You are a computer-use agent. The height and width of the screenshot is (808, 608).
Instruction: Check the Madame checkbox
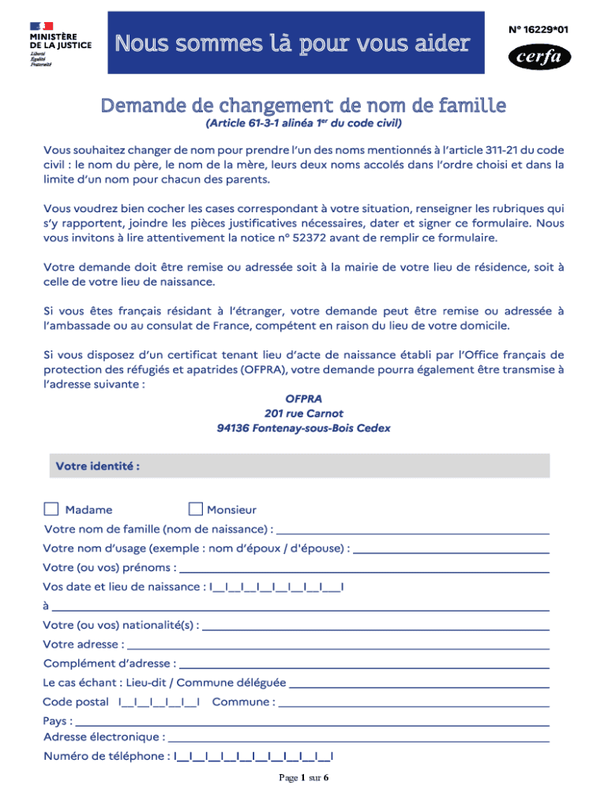click(x=51, y=509)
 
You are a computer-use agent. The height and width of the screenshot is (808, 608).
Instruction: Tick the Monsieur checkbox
click(x=196, y=509)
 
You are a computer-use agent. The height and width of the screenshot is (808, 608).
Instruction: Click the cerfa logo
click(x=539, y=57)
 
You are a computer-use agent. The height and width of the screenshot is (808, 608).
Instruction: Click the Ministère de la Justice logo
click(x=60, y=43)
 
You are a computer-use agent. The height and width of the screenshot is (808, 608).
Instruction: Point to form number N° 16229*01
click(x=539, y=29)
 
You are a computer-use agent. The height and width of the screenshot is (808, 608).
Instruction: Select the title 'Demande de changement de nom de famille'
click(x=303, y=105)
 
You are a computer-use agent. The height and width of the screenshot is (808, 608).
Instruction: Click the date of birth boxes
click(x=276, y=588)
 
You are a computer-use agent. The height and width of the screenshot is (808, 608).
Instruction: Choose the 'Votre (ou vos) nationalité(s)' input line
click(x=376, y=626)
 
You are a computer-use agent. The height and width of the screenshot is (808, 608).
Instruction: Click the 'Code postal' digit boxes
click(x=159, y=702)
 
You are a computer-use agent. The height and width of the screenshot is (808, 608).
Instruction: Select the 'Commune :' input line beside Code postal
click(x=414, y=702)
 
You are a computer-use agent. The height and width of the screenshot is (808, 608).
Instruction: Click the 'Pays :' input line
click(x=313, y=721)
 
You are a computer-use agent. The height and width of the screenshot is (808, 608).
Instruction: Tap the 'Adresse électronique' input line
click(x=359, y=739)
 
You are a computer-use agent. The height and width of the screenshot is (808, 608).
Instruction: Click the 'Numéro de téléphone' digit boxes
click(x=253, y=757)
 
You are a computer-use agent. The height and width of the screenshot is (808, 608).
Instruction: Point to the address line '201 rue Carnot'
click(x=304, y=413)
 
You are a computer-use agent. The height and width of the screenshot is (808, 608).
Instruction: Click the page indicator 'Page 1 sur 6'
click(x=304, y=778)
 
